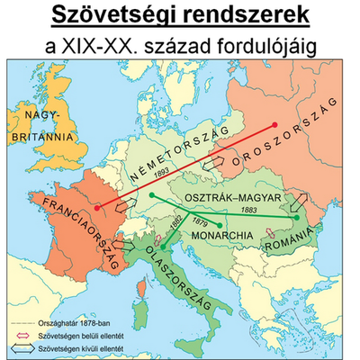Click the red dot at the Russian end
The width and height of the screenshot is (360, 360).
click(x=277, y=124)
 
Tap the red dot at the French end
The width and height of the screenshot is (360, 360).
click(x=94, y=206)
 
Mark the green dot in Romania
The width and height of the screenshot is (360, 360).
click(x=296, y=217)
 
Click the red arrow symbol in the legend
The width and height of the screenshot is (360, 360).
click(x=22, y=334)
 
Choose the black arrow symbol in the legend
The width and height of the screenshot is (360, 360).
click(x=22, y=346)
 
